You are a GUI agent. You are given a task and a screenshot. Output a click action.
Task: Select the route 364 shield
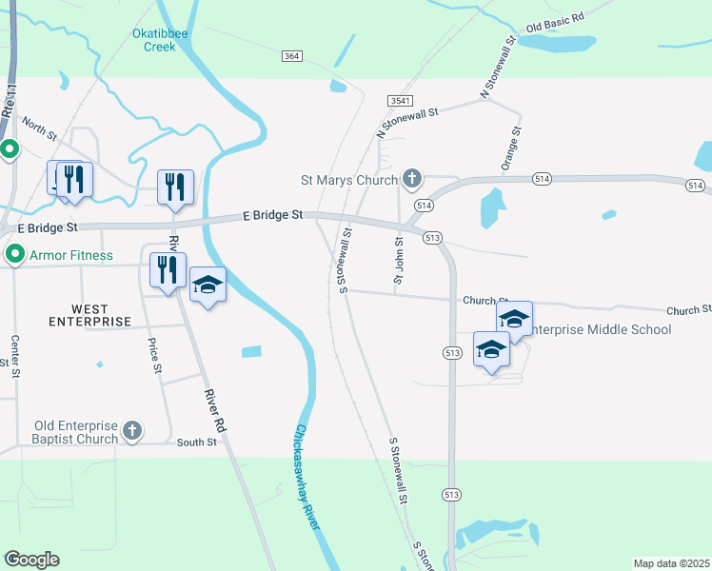tap(292, 57)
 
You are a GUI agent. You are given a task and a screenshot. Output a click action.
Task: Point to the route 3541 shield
tap(399, 100)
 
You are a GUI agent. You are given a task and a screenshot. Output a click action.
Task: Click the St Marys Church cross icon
tap(411, 178)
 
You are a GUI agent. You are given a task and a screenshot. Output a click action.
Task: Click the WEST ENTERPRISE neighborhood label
tap(89, 315)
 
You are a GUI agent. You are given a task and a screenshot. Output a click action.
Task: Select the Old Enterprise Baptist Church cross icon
tap(132, 432)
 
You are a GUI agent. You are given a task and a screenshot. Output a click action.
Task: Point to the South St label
tap(197, 442)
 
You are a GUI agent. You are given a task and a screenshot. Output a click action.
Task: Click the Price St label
tap(151, 355)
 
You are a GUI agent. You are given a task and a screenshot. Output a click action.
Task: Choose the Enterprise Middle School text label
tap(599, 329)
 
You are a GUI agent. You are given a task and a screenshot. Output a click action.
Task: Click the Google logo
tap(31, 560)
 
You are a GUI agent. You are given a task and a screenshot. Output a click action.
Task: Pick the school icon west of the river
tap(208, 285)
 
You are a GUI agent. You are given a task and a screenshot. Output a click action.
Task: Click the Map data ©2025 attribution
tap(671, 563)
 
